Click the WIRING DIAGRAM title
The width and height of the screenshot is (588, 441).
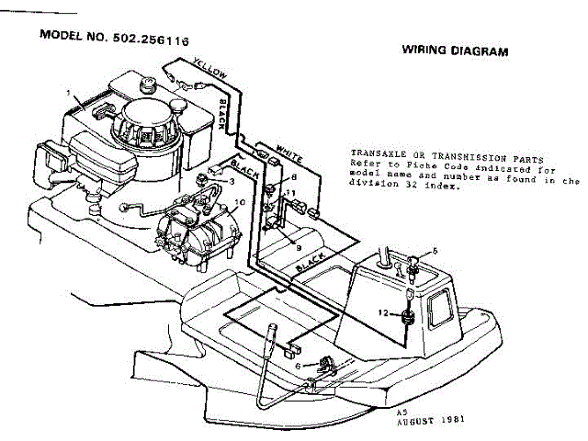pyautogui.click(x=455, y=52)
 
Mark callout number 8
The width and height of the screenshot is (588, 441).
pyautogui.click(x=294, y=175)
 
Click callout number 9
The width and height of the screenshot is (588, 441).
pyautogui.click(x=296, y=246)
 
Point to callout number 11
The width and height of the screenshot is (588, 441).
pyautogui.click(x=290, y=193)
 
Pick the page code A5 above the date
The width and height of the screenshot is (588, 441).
pyautogui.click(x=401, y=415)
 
